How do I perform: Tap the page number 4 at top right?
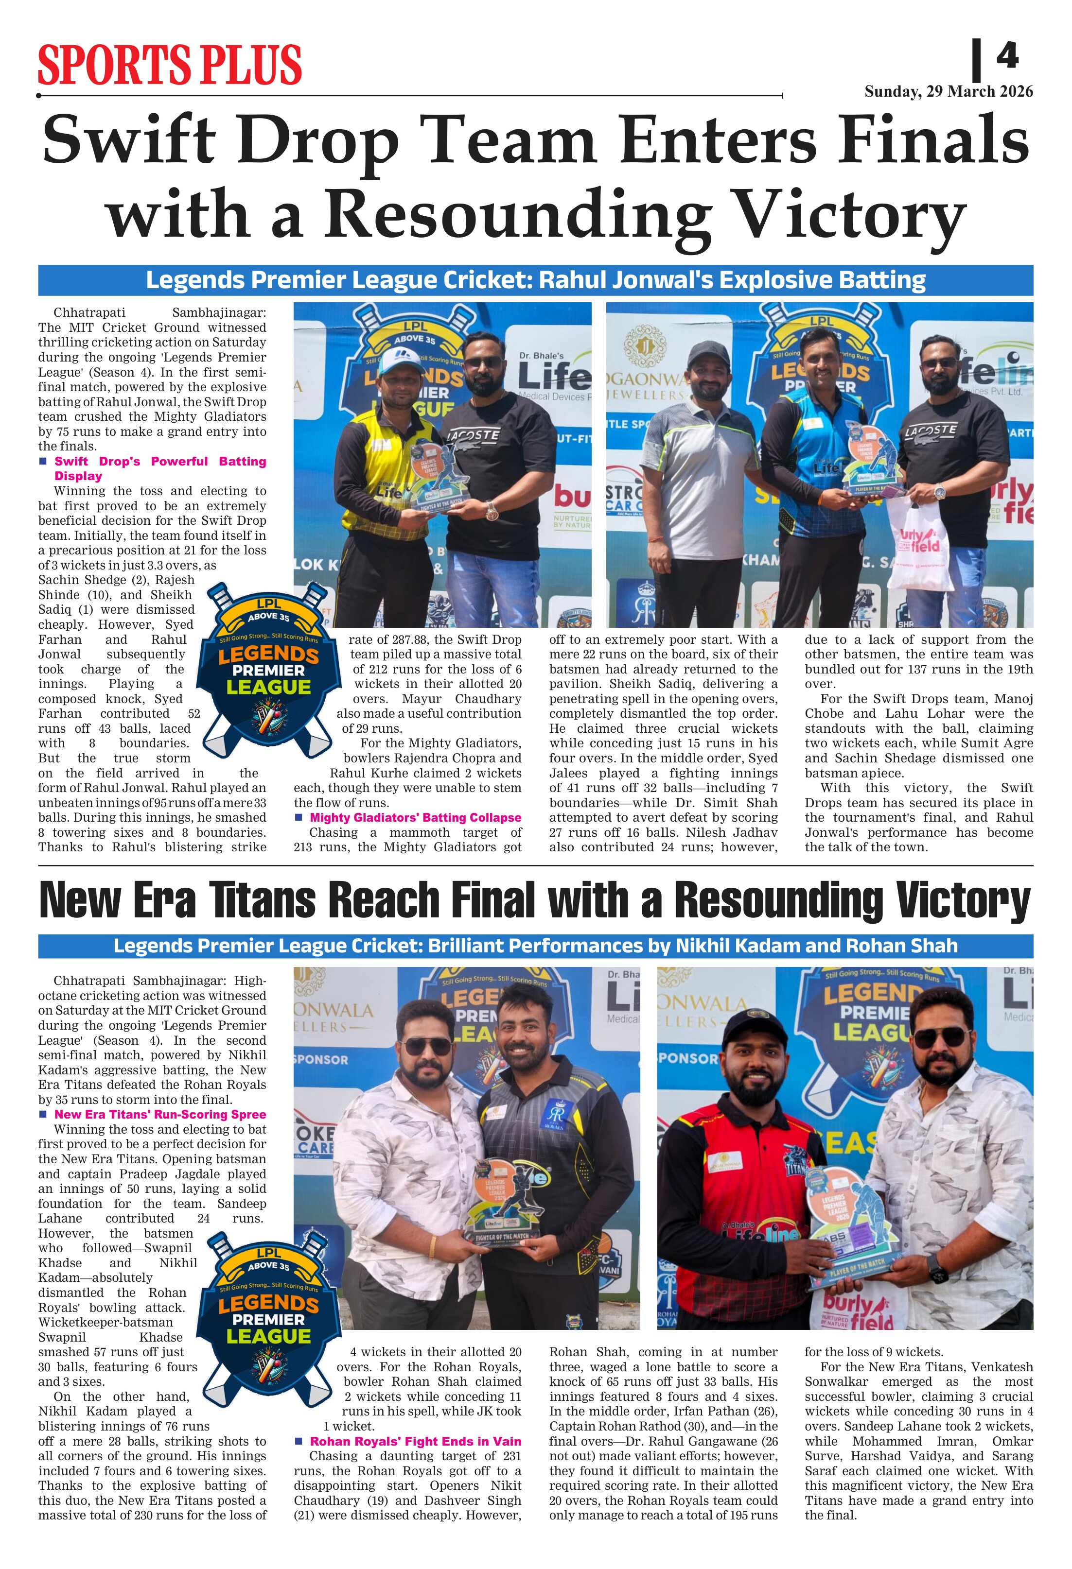click(x=1006, y=55)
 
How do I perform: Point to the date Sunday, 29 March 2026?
click(x=949, y=91)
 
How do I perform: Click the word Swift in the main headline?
click(x=128, y=140)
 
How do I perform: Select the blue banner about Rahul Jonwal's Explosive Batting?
click(x=535, y=279)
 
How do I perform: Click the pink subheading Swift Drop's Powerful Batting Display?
click(x=160, y=468)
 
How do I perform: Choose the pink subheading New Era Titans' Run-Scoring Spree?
click(x=160, y=1114)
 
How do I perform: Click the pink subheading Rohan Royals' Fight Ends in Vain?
click(x=415, y=1441)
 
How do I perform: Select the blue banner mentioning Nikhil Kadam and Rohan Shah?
click(x=535, y=945)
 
